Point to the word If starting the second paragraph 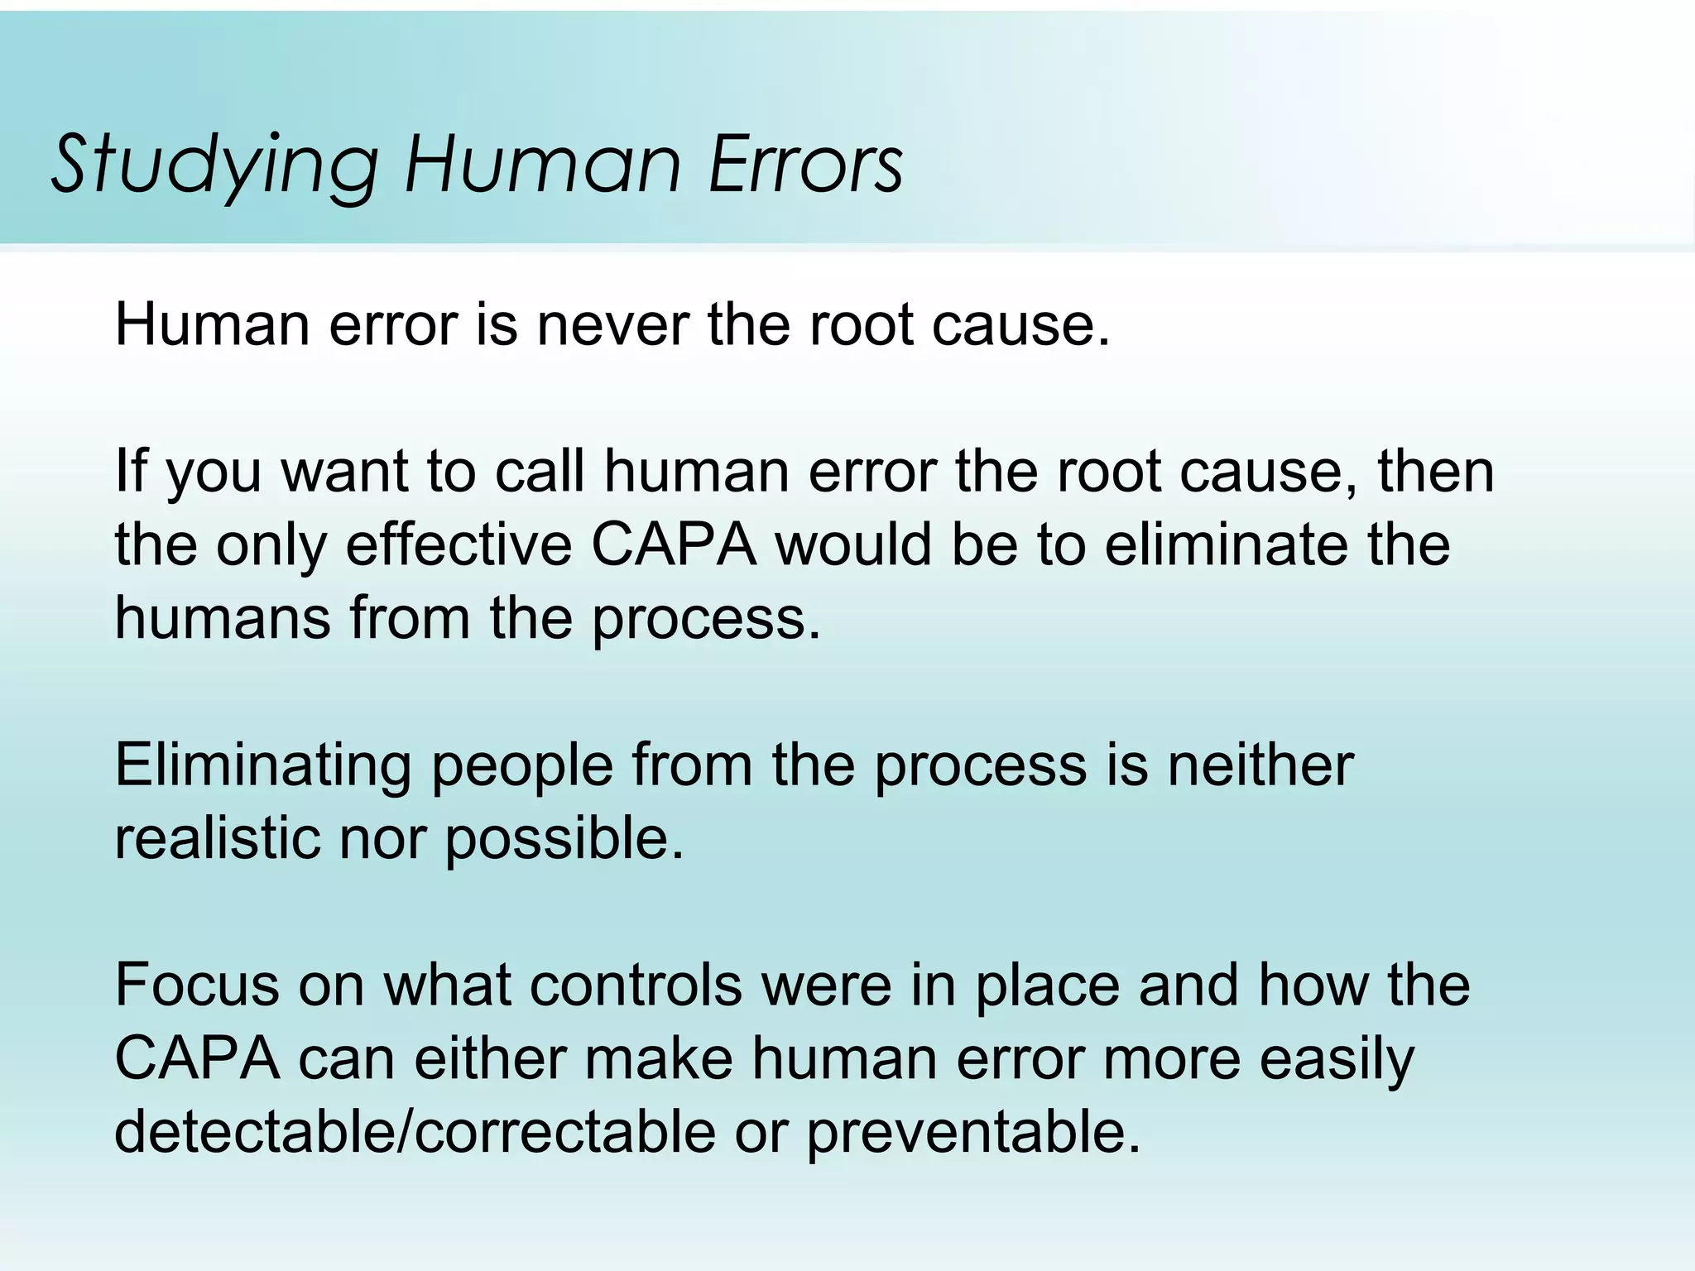(x=131, y=470)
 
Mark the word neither (x=1260, y=765)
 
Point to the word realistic (x=218, y=837)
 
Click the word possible (x=564, y=839)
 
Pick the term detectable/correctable (x=415, y=1131)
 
